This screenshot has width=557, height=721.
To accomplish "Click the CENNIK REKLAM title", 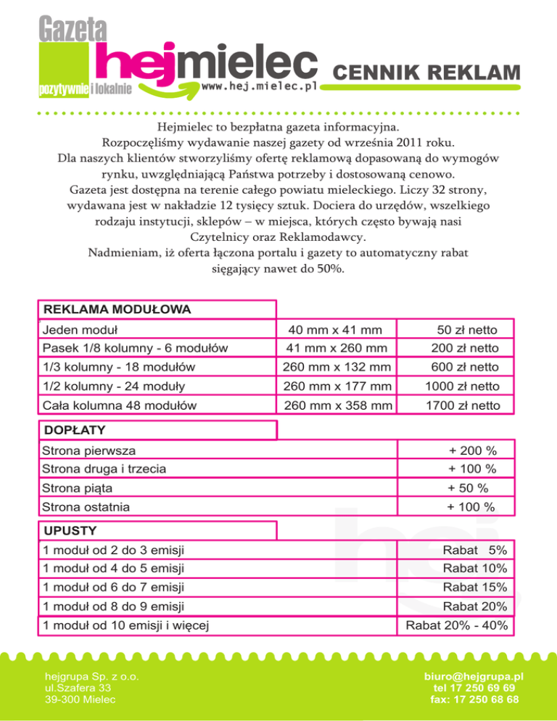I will click(x=427, y=73).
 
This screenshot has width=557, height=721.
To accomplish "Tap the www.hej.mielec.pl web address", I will click(x=260, y=86).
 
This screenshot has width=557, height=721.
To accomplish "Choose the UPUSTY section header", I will click(x=70, y=531).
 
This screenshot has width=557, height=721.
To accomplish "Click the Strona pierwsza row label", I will click(x=88, y=451).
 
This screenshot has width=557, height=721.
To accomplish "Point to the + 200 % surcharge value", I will click(x=471, y=451).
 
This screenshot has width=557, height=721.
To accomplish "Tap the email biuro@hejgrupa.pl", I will click(x=474, y=676).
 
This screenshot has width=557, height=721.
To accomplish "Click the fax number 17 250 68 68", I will click(x=474, y=699).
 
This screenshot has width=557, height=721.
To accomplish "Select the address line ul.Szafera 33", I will click(x=78, y=687).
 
